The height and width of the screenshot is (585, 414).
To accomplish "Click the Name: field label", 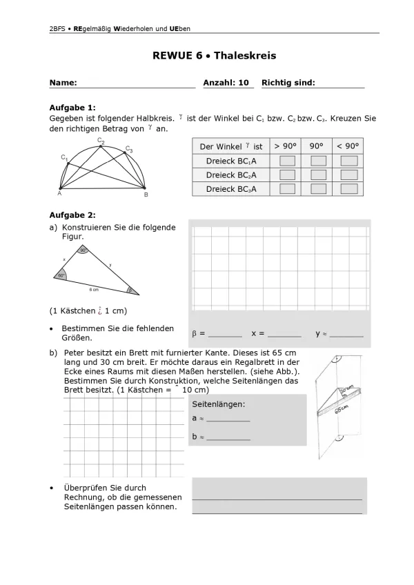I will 63,83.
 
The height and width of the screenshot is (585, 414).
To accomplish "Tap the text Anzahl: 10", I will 226,83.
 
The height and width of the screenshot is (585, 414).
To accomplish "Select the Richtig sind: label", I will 288,83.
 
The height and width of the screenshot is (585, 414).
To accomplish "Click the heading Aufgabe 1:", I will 72,108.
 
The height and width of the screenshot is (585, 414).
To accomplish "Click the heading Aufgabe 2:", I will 72,215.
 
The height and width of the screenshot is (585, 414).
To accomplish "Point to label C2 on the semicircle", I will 101,141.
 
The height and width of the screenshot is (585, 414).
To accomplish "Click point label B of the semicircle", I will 146,195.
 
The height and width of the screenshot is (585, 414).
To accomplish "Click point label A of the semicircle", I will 59,195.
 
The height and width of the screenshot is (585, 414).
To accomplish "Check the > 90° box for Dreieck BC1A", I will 287,161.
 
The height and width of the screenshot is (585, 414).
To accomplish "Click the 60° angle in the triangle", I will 61,275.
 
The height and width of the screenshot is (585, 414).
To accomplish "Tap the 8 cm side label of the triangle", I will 94,290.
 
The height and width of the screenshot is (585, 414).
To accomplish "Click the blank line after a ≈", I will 228,419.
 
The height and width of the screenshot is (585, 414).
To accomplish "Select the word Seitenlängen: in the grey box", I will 218,404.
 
